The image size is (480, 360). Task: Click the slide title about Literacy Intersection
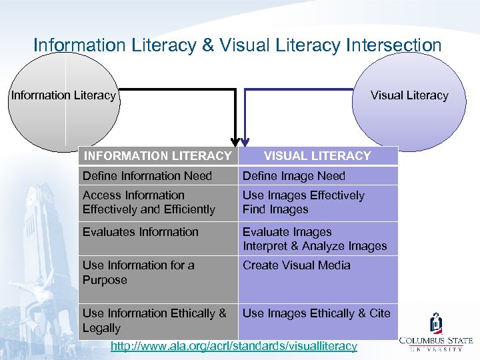(237, 45)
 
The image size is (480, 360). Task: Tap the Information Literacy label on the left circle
(63, 95)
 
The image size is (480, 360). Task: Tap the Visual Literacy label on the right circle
(409, 95)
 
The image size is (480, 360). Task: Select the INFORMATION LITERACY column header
(157, 156)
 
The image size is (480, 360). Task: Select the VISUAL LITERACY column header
(317, 156)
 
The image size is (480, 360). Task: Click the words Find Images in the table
(275, 209)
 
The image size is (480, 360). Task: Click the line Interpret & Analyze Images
(315, 246)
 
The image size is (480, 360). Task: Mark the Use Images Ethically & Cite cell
(317, 313)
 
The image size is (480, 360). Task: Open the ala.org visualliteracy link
(233, 346)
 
